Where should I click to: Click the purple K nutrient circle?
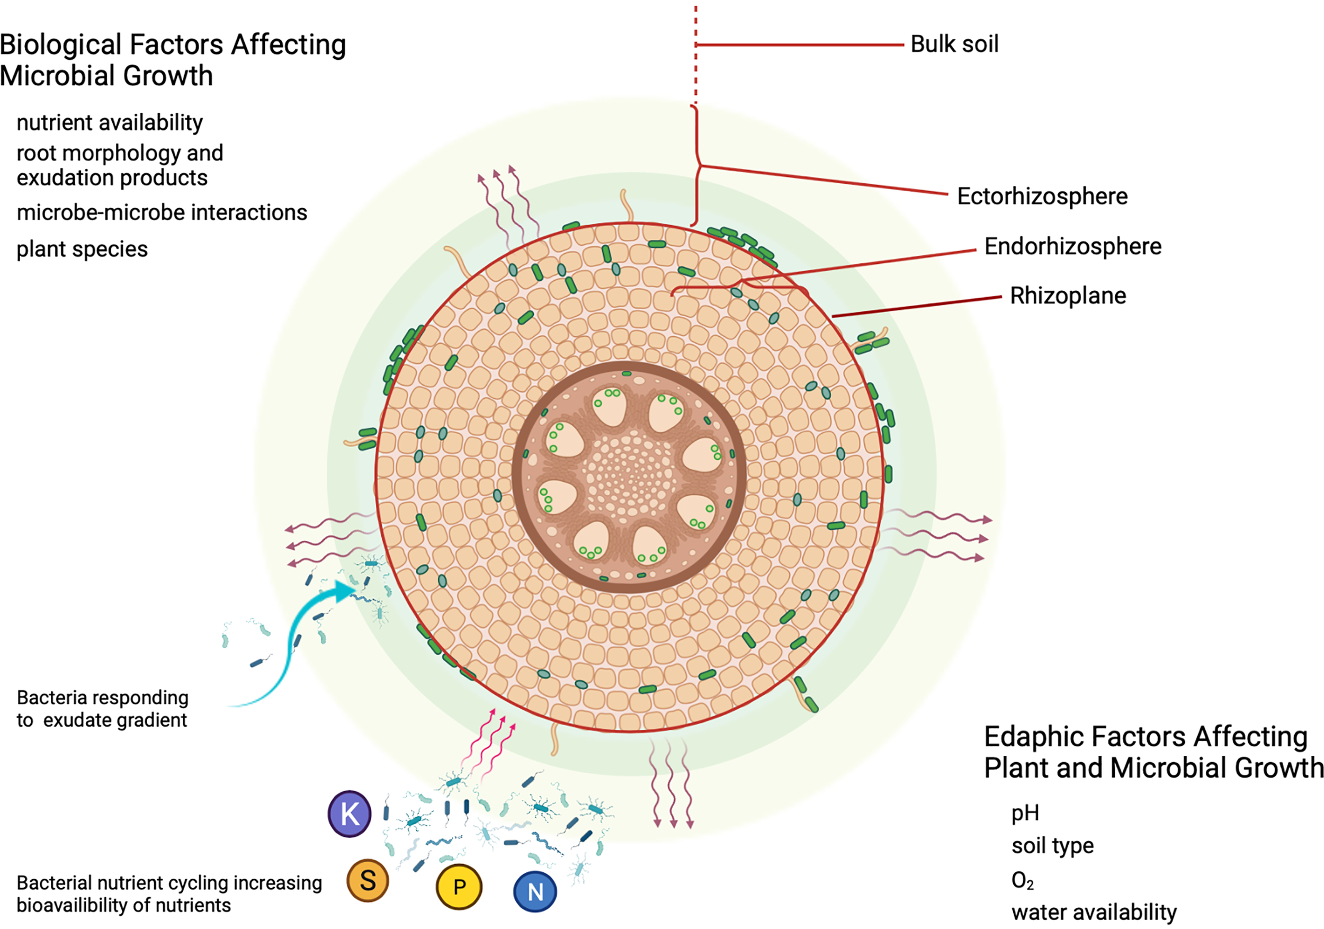click(350, 814)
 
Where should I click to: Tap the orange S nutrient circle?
click(368, 881)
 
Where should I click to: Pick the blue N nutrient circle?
click(535, 891)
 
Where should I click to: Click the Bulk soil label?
click(954, 44)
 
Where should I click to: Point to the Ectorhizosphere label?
click(1042, 196)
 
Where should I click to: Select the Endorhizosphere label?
click(1072, 247)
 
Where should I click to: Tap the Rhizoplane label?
click(1068, 296)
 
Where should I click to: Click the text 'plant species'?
click(82, 249)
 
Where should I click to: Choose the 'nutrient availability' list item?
click(110, 123)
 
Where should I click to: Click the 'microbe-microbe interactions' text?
click(162, 213)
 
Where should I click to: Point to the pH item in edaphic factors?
click(1025, 814)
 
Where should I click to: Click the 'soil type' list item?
click(1052, 846)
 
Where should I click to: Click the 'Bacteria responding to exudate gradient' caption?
click(102, 709)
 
